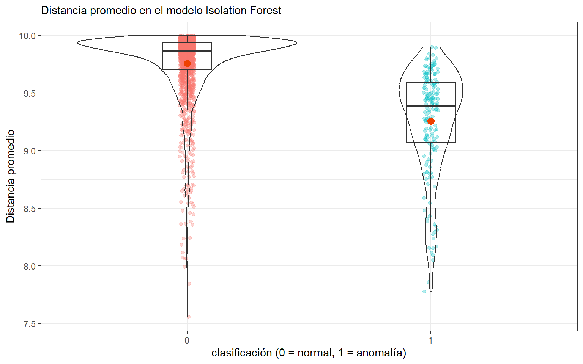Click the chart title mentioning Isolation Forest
pos(161,10)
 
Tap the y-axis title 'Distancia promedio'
pos(11,176)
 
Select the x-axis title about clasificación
pos(309,353)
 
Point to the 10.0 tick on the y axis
pos(27,36)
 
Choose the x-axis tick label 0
pos(187,340)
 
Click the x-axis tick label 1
pos(430,340)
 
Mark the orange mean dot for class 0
pos(187,63)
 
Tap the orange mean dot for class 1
pos(431,121)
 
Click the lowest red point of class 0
pos(188,317)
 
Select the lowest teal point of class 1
pos(424,292)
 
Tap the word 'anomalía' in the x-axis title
pos(381,353)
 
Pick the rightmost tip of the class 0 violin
pos(296,43)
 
